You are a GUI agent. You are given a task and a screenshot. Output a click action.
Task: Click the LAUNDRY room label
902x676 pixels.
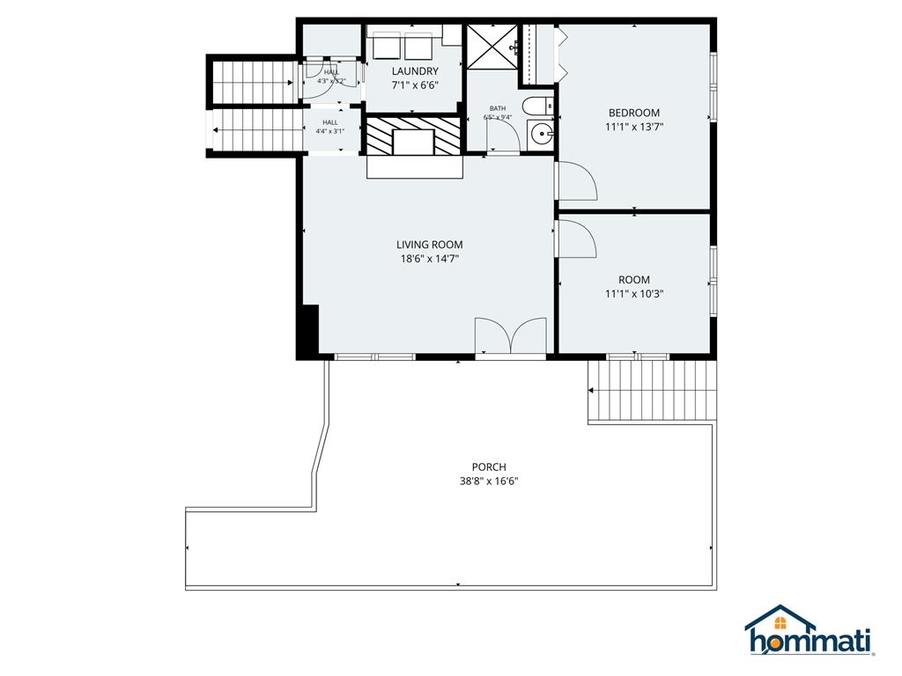[414, 71]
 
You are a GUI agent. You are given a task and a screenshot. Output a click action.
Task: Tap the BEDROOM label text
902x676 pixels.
[634, 113]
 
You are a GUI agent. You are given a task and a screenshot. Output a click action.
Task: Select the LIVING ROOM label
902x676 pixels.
[429, 245]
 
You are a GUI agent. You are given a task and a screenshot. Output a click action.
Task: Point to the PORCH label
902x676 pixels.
[489, 467]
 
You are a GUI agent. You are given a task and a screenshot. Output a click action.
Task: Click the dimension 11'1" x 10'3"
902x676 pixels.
[634, 294]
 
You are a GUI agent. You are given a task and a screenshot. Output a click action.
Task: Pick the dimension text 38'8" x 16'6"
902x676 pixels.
[489, 481]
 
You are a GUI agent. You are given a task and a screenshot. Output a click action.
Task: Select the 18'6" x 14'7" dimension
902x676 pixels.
[429, 259]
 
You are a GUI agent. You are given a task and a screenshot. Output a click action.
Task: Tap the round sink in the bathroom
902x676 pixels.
[541, 135]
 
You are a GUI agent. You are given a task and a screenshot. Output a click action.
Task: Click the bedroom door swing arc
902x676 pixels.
[577, 181]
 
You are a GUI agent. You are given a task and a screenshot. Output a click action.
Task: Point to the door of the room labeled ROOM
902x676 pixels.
[577, 239]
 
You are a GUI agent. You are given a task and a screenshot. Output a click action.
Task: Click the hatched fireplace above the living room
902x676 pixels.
[414, 136]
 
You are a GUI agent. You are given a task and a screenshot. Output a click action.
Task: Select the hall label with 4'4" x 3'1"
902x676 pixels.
[330, 127]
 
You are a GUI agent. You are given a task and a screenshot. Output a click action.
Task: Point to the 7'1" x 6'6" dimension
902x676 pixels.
[414, 85]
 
